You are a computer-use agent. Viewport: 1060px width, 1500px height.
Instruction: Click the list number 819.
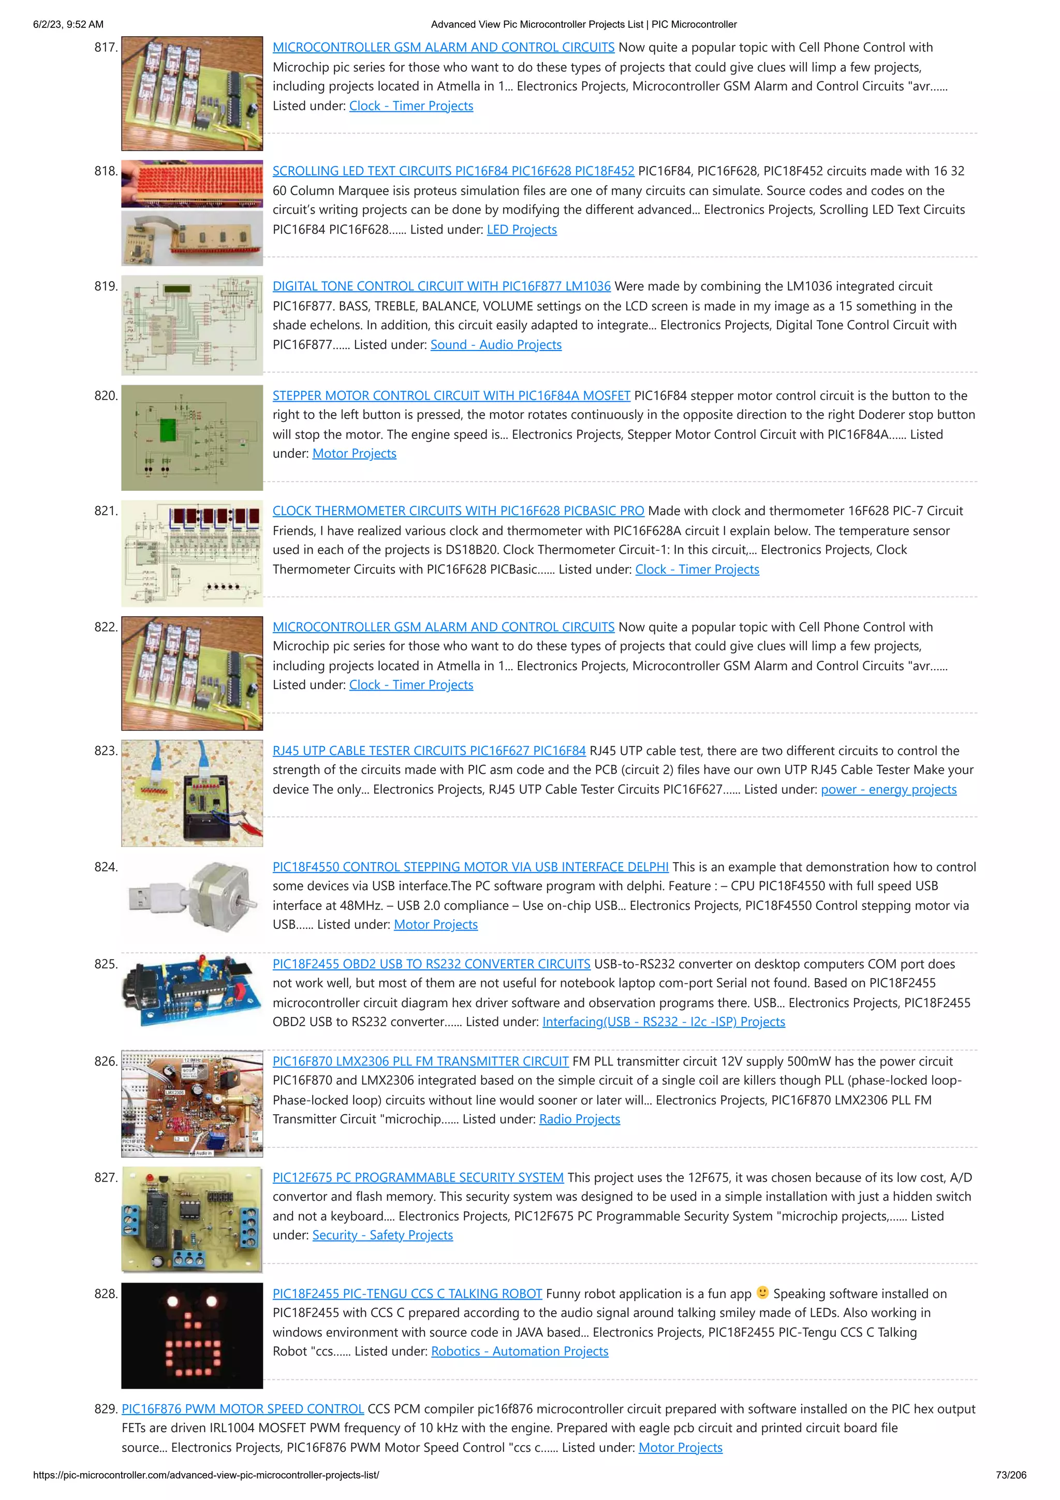pos(106,286)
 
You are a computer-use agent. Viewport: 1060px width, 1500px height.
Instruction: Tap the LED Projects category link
pos(521,229)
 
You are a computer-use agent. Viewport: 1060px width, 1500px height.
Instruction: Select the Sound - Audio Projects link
pos(496,344)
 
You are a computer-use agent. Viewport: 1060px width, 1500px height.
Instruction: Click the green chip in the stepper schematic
pos(168,429)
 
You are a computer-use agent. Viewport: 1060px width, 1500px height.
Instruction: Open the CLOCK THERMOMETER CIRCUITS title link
pos(458,511)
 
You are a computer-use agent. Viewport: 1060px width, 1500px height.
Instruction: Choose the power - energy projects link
pos(888,789)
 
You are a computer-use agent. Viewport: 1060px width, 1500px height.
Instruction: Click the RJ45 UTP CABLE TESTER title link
pos(429,751)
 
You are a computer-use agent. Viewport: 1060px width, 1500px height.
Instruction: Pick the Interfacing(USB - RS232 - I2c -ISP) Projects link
pos(663,1021)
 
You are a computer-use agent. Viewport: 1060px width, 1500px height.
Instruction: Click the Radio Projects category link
pos(579,1119)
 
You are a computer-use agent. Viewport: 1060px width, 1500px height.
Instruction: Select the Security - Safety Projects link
pos(382,1235)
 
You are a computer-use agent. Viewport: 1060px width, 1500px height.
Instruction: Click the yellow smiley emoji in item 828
pos(762,1292)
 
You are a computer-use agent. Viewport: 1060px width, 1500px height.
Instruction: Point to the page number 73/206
pos(1010,1475)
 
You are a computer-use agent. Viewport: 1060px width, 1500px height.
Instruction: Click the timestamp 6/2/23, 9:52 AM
pos(68,24)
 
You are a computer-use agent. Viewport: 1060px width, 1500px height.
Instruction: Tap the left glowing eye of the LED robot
pos(172,1301)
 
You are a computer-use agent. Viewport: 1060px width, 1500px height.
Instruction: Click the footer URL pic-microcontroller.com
pos(205,1475)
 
